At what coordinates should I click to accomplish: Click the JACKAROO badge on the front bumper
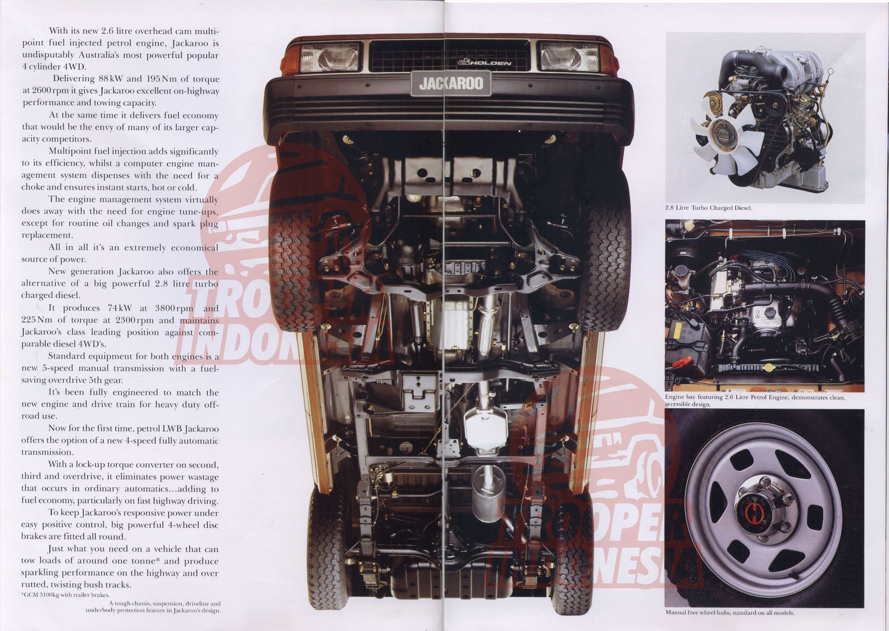451,84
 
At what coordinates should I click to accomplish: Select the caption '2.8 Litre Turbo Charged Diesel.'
708,208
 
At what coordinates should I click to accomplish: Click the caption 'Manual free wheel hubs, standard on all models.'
730,612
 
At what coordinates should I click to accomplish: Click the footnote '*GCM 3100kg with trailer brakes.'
64,595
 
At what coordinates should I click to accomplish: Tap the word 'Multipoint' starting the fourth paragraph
72,152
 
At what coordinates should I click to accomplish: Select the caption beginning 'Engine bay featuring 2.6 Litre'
755,400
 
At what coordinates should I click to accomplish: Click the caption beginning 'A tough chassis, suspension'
153,607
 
